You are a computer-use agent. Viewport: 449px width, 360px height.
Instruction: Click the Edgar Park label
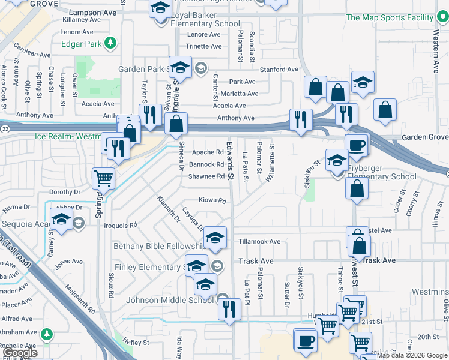(81, 44)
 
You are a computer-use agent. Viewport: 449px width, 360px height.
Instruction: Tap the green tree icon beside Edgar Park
(110, 43)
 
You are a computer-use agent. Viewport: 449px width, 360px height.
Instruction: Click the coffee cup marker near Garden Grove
(356, 145)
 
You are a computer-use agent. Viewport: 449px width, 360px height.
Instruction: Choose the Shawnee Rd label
(206, 176)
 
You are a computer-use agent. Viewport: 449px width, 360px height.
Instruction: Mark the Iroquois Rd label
(121, 226)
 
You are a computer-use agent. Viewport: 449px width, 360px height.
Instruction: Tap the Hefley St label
(136, 343)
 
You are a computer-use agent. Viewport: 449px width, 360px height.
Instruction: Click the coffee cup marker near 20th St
(305, 340)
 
